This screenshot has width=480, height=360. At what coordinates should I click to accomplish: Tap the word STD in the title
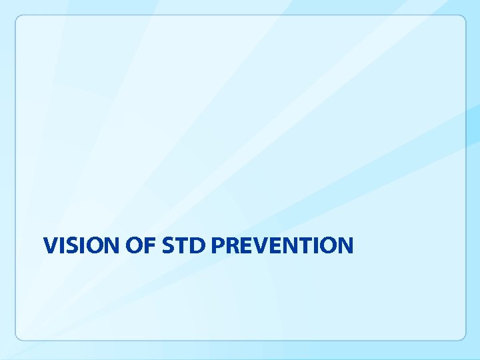click(x=184, y=245)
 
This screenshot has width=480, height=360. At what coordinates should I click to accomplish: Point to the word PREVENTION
click(x=281, y=245)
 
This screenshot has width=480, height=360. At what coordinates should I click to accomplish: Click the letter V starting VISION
click(x=50, y=245)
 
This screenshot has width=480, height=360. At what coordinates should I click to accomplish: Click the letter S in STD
click(x=169, y=245)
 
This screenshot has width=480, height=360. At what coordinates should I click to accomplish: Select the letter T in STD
click(x=182, y=245)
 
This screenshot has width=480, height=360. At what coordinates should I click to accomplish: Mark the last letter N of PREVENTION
click(x=344, y=245)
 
